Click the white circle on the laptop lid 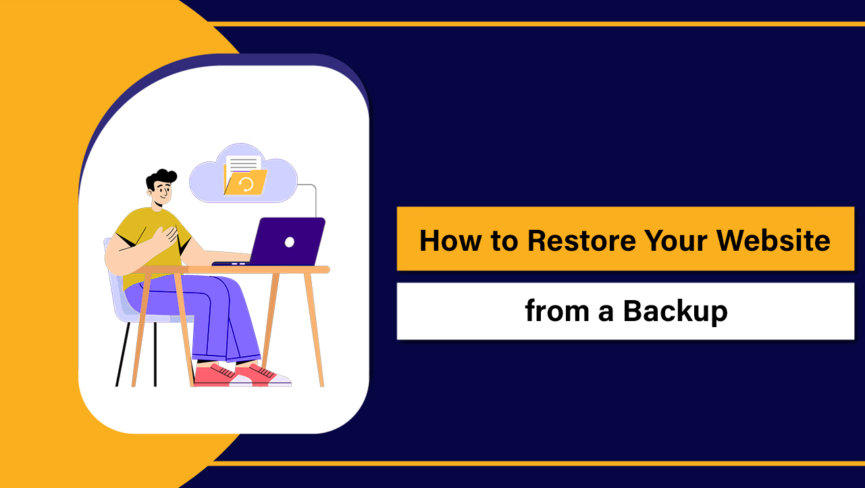(290, 241)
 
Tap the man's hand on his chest (165, 237)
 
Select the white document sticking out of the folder (242, 163)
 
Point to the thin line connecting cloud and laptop (315, 199)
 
